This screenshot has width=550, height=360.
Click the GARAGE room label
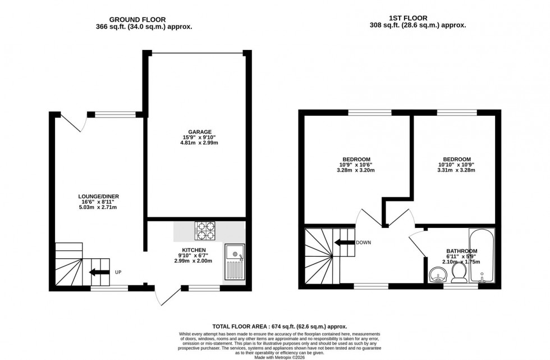coord(196,132)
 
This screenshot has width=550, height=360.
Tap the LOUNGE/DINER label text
coord(98,196)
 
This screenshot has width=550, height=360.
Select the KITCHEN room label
coord(194,250)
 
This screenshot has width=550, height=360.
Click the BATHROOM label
coord(461,251)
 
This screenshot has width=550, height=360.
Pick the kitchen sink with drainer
coord(235,263)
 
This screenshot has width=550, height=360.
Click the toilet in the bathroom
coord(459,272)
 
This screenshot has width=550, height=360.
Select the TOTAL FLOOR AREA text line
coord(279,326)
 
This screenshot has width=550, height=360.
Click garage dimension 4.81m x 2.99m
coord(196,143)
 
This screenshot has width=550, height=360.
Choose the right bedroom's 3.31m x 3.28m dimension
coord(455,170)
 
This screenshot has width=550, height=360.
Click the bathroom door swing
coord(418,243)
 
